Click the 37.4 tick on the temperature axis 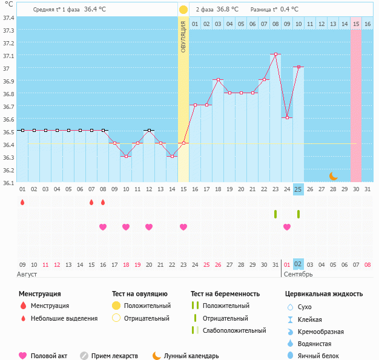point(8,18)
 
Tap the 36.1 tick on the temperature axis point(8,183)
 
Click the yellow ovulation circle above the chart point(183,10)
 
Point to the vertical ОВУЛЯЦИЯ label point(183,36)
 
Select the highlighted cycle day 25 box point(298,189)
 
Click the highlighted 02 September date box point(298,264)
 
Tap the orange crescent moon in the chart point(333,176)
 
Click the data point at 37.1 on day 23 point(275,54)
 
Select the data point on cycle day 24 point(287,117)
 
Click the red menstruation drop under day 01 point(22,202)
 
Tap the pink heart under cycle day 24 point(287,227)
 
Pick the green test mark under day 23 point(275,214)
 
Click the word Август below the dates point(28,274)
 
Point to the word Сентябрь point(298,274)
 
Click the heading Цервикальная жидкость point(324,294)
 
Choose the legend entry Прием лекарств point(114,356)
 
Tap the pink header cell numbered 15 point(356,24)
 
